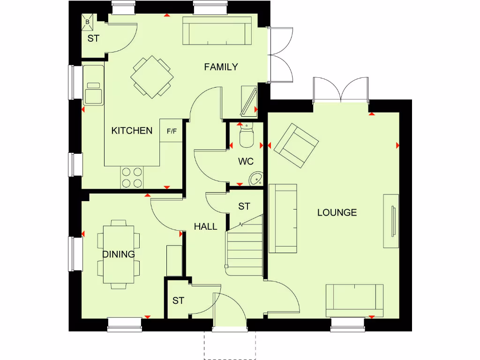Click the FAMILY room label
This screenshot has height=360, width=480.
pyautogui.click(x=221, y=67)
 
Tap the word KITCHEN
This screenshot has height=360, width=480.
pyautogui.click(x=132, y=131)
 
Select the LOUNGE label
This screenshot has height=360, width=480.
pyautogui.click(x=337, y=212)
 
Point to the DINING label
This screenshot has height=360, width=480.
pyautogui.click(x=119, y=254)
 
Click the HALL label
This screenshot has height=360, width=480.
pyautogui.click(x=206, y=226)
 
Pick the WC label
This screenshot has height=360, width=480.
pyautogui.click(x=246, y=162)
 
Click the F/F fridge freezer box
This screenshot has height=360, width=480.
pyautogui.click(x=172, y=131)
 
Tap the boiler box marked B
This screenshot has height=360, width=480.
pyautogui.click(x=88, y=22)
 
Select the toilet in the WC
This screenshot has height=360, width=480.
pyautogui.click(x=246, y=136)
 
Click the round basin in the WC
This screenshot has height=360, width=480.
pyautogui.click(x=256, y=178)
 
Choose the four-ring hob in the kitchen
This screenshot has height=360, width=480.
pyautogui.click(x=132, y=178)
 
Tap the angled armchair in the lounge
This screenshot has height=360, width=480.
pyautogui.click(x=296, y=145)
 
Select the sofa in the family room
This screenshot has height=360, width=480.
pyautogui.click(x=217, y=31)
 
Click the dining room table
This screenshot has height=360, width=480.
pyautogui.click(x=119, y=254)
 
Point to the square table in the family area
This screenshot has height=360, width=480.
pyautogui.click(x=152, y=77)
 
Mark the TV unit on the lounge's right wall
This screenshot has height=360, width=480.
pyautogui.click(x=391, y=221)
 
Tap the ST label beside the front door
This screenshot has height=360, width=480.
pyautogui.click(x=178, y=300)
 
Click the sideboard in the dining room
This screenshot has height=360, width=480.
pyautogui.click(x=174, y=260)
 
